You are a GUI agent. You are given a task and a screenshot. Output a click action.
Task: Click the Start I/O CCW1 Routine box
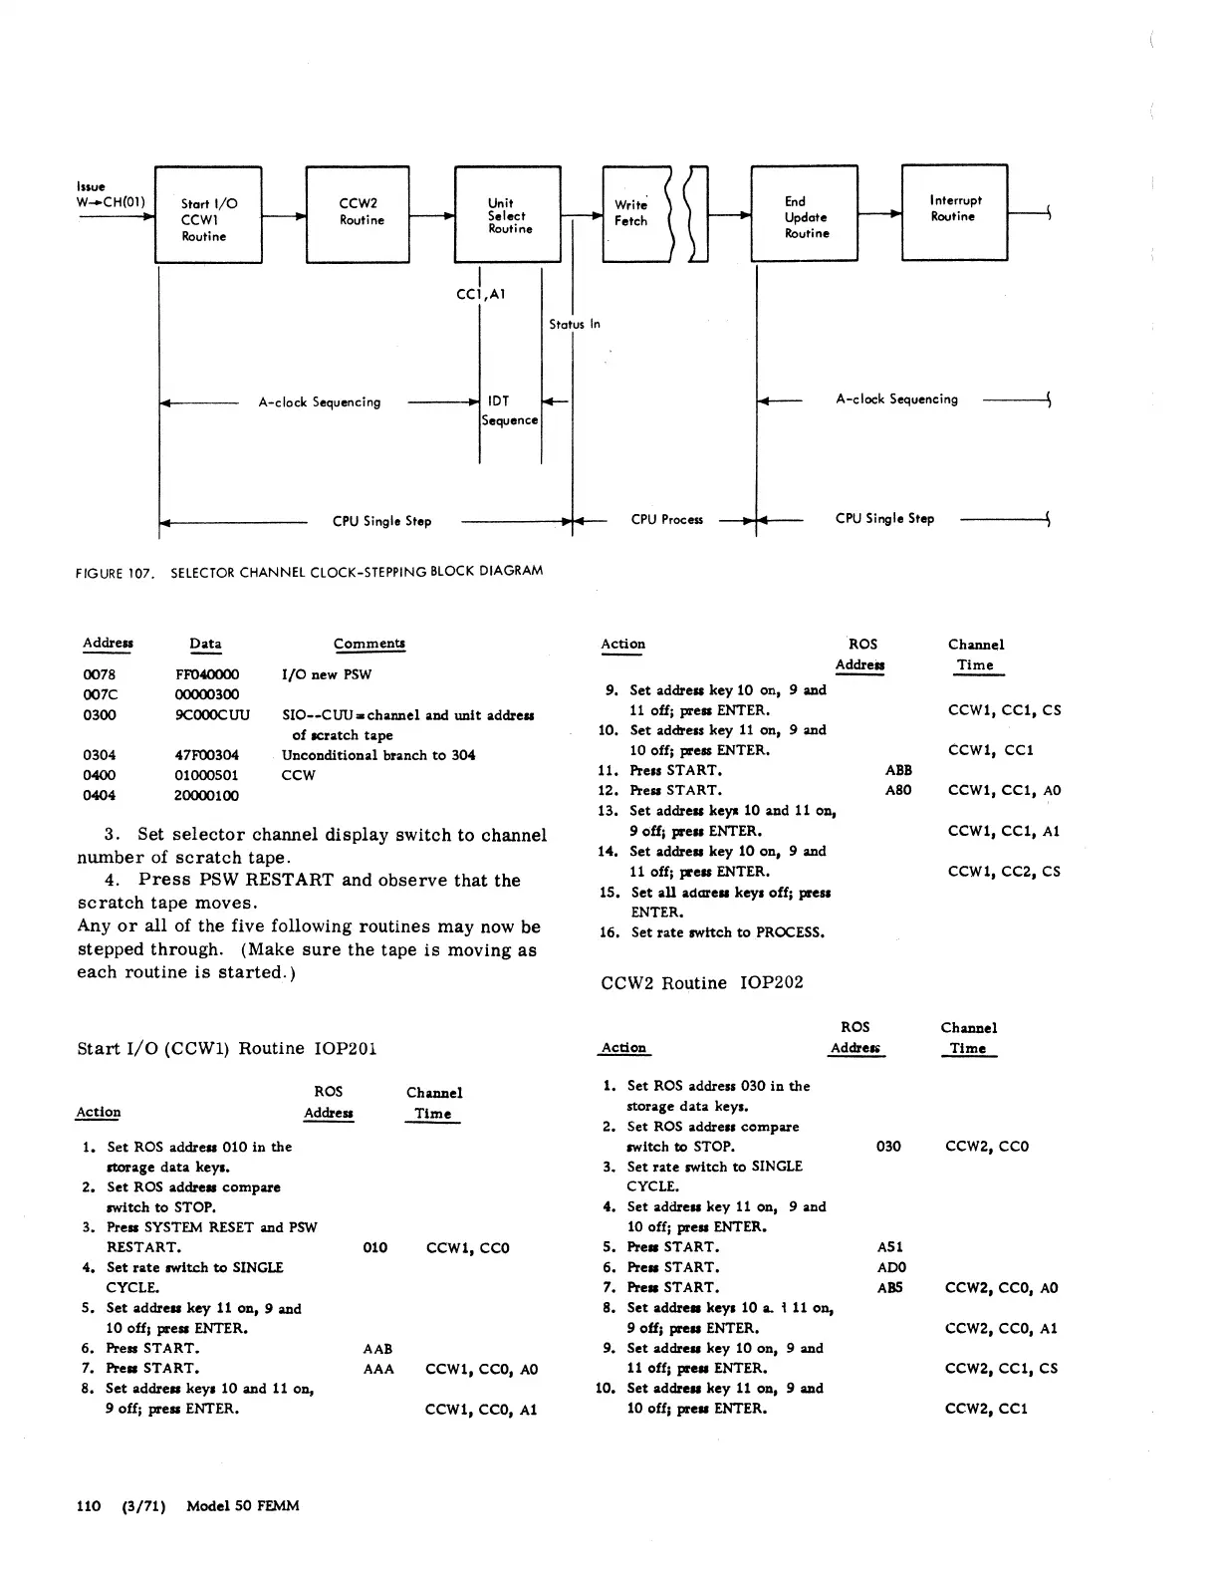[208, 216]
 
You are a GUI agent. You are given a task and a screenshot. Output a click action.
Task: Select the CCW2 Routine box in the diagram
[358, 215]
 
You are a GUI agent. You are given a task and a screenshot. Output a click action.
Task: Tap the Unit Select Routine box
[508, 215]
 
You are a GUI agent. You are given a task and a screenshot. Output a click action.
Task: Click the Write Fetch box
[634, 214]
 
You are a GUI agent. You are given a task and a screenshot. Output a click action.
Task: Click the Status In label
[575, 325]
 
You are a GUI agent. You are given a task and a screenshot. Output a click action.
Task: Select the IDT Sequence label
[509, 410]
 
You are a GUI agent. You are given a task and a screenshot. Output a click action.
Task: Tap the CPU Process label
[666, 520]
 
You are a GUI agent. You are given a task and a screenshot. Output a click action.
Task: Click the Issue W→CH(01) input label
[110, 195]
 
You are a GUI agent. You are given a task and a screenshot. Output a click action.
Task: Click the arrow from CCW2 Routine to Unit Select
[431, 216]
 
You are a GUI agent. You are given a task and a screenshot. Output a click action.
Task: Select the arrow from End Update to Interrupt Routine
[879, 213]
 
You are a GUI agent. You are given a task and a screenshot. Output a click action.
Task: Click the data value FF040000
[207, 674]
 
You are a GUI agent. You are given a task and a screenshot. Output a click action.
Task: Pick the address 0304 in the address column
[100, 755]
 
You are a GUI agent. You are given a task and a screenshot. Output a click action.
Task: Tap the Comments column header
[368, 644]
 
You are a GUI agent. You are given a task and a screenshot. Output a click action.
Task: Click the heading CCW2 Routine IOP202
[701, 983]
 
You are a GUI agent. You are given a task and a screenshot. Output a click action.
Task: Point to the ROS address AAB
[377, 1349]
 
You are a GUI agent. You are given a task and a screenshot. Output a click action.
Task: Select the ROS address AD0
[891, 1267]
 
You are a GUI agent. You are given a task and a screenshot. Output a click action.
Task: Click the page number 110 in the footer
[89, 1506]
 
